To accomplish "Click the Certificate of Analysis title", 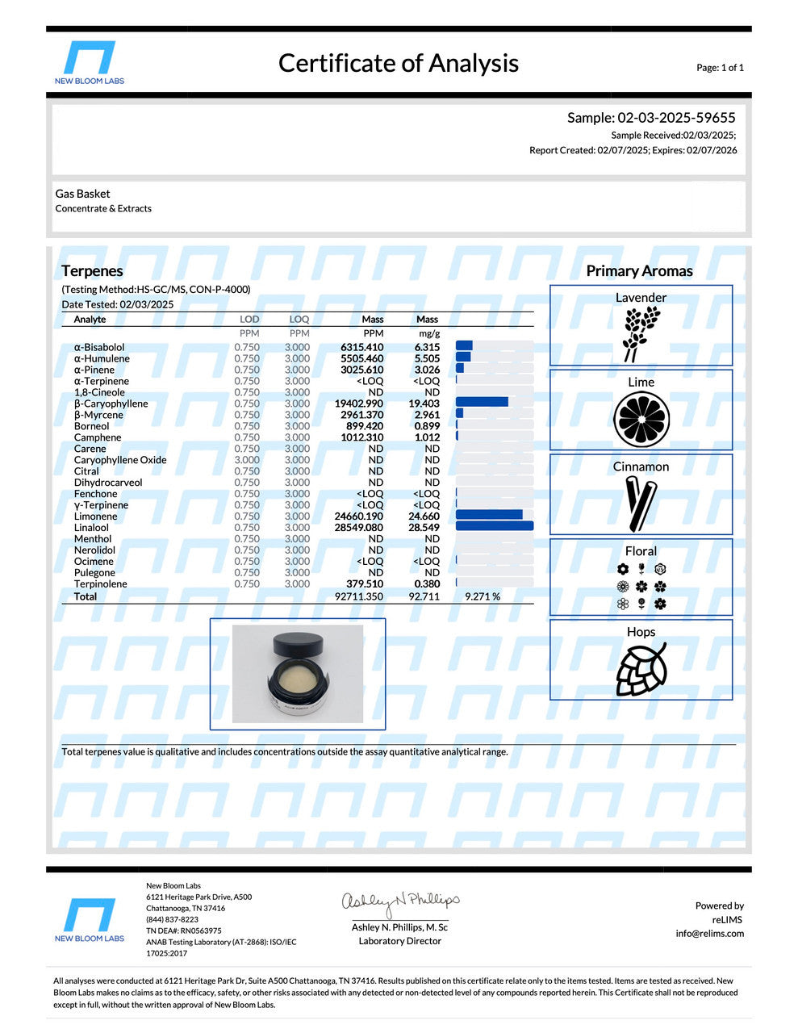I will pyautogui.click(x=398, y=63).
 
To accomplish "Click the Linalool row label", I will pyautogui.click(x=91, y=528).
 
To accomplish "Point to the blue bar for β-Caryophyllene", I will pyautogui.click(x=482, y=403).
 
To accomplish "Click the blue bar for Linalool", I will pyautogui.click(x=494, y=527).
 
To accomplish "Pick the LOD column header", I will pyautogui.click(x=249, y=320).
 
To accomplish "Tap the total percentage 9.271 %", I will pyautogui.click(x=482, y=596).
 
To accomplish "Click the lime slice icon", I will pyautogui.click(x=641, y=420).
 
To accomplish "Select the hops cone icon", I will pyautogui.click(x=641, y=669).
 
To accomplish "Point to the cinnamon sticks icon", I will pyautogui.click(x=641, y=503).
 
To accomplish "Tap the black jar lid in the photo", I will pyautogui.click(x=298, y=643).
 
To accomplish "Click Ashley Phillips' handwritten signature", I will pyautogui.click(x=400, y=902).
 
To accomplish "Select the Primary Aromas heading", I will pyautogui.click(x=639, y=271).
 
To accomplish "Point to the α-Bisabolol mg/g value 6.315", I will pyautogui.click(x=427, y=347).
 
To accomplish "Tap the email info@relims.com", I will pyautogui.click(x=709, y=934).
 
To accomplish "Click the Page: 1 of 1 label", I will pyautogui.click(x=720, y=68).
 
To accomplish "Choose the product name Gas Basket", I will pyautogui.click(x=82, y=194).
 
